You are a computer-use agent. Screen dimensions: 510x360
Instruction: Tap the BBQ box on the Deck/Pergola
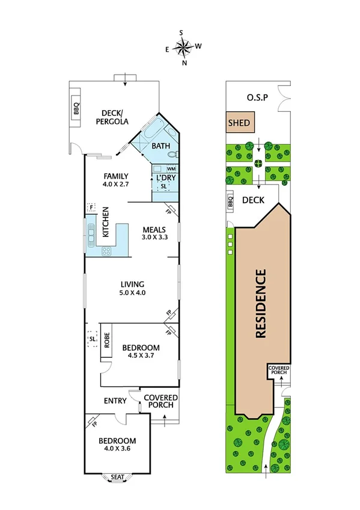coord(76,108)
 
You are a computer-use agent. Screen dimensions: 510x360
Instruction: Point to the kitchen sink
coord(92,232)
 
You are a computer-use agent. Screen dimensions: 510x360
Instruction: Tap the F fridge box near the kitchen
coord(91,207)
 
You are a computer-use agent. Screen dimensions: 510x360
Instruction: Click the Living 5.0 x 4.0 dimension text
coord(133,293)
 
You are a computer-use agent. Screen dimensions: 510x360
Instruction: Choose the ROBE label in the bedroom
coord(106,341)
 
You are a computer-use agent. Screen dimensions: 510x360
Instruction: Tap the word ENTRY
coord(115,401)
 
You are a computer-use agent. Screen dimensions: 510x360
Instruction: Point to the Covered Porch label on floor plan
coord(159,401)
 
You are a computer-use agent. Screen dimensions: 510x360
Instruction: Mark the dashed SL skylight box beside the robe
coord(93,339)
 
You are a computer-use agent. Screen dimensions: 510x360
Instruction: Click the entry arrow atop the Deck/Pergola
coord(125,76)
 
